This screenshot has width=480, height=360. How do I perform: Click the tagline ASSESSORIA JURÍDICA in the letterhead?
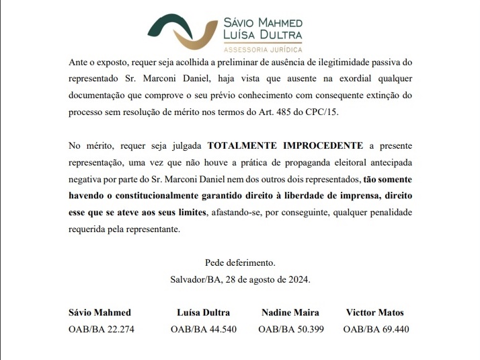pyautogui.click(x=262, y=49)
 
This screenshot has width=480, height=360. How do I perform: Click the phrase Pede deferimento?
pyautogui.click(x=240, y=262)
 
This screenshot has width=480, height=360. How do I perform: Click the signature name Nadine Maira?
pyautogui.click(x=290, y=312)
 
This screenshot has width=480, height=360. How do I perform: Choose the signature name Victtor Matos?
pyautogui.click(x=375, y=312)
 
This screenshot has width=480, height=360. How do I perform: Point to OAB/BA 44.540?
pyautogui.click(x=204, y=329)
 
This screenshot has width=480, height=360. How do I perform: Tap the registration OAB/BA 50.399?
pyautogui.click(x=291, y=329)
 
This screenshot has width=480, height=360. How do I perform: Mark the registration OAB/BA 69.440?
pyautogui.click(x=376, y=329)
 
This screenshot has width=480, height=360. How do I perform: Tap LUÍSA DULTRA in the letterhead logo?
pyautogui.click(x=262, y=34)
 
